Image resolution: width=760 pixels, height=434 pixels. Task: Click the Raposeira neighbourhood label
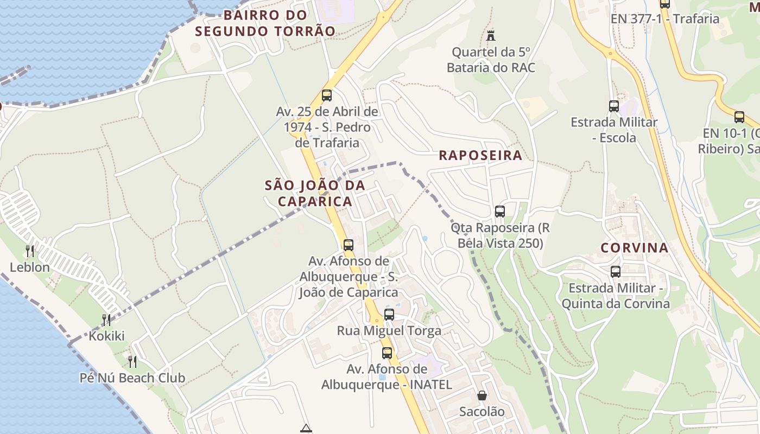pyautogui.click(x=480, y=155)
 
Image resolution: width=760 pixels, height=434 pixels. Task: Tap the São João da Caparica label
pyautogui.click(x=315, y=193)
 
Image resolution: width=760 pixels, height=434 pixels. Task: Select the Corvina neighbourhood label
pyautogui.click(x=634, y=248)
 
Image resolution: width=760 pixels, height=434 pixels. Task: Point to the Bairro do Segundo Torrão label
pyautogui.click(x=265, y=23)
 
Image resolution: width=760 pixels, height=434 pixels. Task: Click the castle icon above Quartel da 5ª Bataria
pyautogui.click(x=491, y=36)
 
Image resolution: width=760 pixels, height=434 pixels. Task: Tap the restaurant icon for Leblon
pyautogui.click(x=30, y=251)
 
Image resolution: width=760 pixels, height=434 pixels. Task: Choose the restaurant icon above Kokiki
pyautogui.click(x=106, y=320)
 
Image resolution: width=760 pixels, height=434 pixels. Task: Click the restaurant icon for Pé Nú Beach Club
pyautogui.click(x=132, y=361)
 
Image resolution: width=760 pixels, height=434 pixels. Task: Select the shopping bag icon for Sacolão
pyautogui.click(x=482, y=395)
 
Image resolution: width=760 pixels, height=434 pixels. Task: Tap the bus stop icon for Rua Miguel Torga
pyautogui.click(x=389, y=314)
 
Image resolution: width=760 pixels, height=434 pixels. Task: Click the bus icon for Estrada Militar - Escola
pyautogui.click(x=614, y=106)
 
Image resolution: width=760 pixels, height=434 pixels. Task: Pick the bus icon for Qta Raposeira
pyautogui.click(x=500, y=211)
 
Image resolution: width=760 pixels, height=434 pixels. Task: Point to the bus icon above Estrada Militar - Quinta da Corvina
pyautogui.click(x=616, y=271)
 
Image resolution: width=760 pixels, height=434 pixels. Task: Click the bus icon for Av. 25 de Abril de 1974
pyautogui.click(x=327, y=95)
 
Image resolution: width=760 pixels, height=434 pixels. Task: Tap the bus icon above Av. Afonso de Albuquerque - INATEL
pyautogui.click(x=387, y=353)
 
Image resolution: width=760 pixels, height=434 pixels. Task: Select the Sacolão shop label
pyautogui.click(x=482, y=411)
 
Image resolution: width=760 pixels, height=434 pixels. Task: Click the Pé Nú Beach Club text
pyautogui.click(x=132, y=378)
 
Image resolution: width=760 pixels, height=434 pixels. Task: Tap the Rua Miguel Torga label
pyautogui.click(x=389, y=330)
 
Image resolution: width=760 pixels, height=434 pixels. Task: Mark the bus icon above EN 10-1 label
pyautogui.click(x=739, y=117)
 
